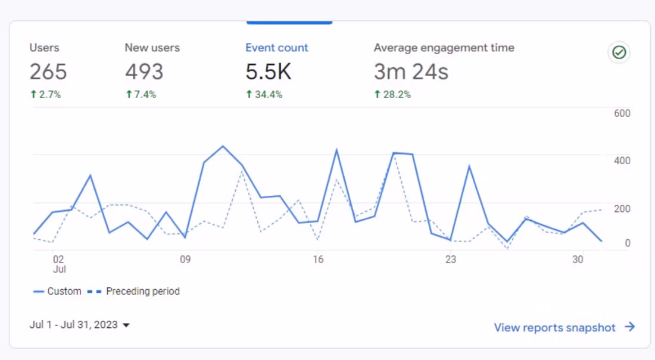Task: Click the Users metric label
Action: pos(45,48)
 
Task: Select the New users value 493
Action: pos(144,72)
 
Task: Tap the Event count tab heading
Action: pos(277,48)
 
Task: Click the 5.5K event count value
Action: pos(269,72)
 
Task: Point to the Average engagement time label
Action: pos(444,48)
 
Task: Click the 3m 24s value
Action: pos(411,72)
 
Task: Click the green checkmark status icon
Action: pos(619,53)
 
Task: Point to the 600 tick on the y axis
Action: pos(622,114)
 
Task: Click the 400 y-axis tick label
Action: pos(622,161)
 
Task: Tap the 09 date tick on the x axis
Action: pos(185,259)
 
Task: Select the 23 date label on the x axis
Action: pos(451,259)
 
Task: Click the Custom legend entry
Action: pos(57,292)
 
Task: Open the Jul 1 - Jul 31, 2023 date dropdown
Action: pos(80,325)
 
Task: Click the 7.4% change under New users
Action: pos(141,95)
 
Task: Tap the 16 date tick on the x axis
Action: pos(318,259)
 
